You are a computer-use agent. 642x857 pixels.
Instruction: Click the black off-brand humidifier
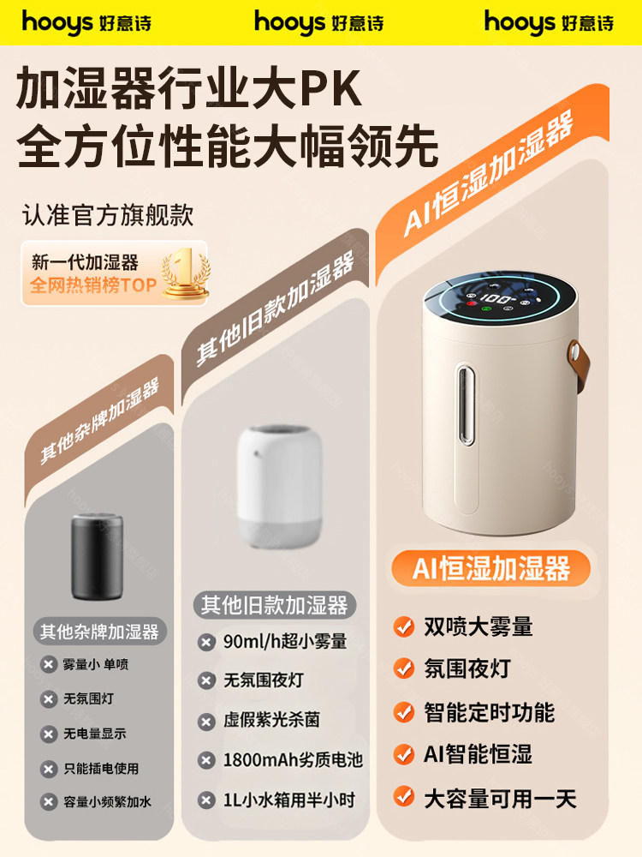(x=99, y=557)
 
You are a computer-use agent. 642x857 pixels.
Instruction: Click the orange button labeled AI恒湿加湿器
(x=491, y=567)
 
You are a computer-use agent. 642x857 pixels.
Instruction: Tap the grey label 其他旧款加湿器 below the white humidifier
(x=275, y=606)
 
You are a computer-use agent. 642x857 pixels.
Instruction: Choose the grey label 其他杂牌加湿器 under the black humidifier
(x=99, y=632)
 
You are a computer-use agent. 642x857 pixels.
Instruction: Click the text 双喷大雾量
(x=479, y=626)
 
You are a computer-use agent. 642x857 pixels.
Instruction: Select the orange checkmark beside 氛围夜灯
(x=403, y=668)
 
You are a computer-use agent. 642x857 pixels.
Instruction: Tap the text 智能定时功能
(x=490, y=711)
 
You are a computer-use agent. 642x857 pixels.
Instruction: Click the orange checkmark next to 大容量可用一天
(x=403, y=797)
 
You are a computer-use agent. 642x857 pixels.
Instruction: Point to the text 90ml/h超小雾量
(x=285, y=642)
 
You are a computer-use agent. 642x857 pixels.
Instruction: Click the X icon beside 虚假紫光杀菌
(x=206, y=722)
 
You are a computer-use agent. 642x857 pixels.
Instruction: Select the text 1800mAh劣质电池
(x=293, y=760)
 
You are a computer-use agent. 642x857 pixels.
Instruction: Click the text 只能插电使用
(x=101, y=769)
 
